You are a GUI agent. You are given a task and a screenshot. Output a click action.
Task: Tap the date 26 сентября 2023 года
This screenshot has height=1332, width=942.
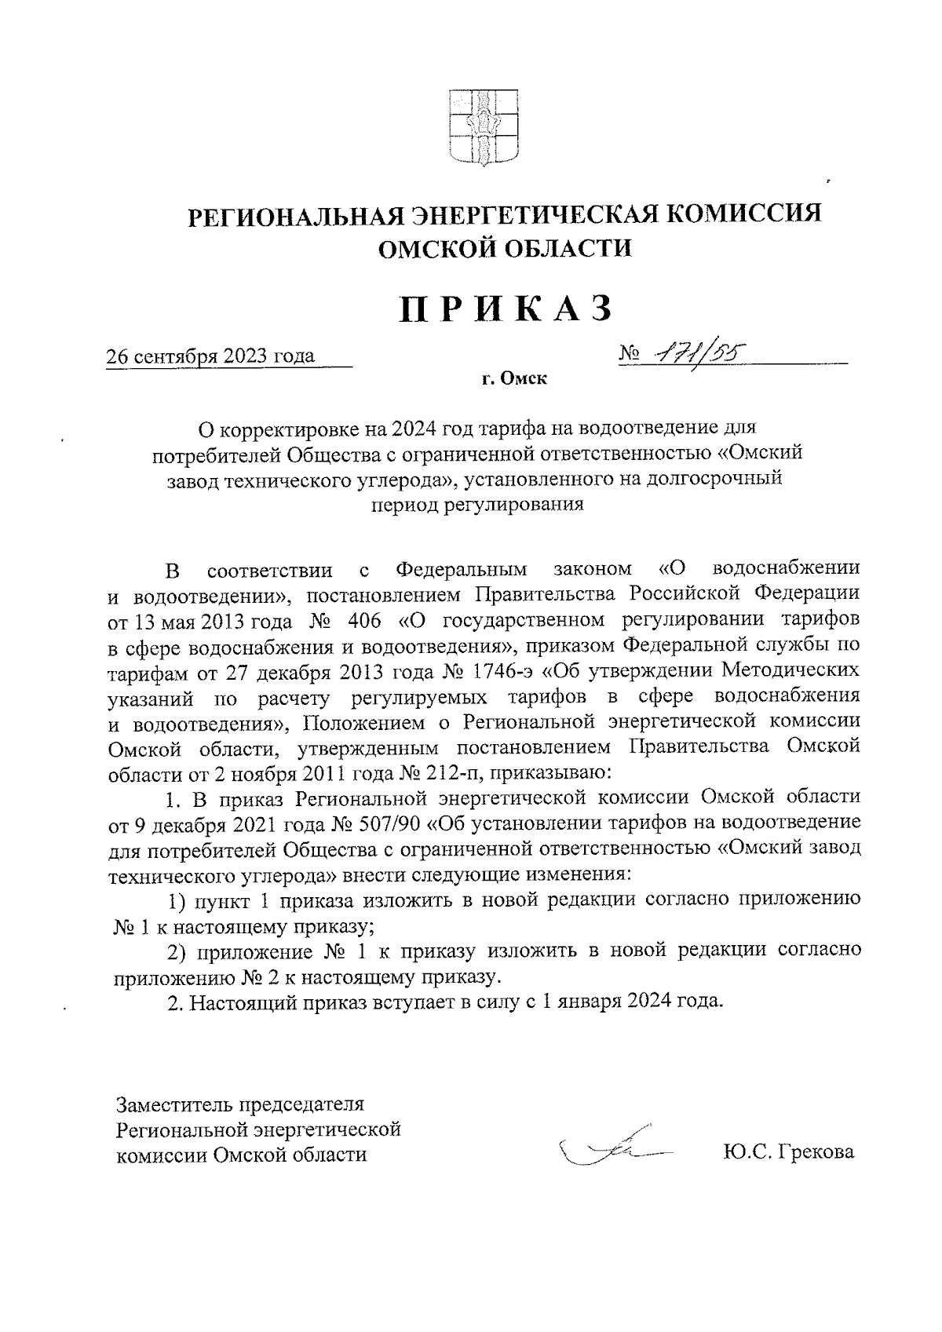tap(210, 356)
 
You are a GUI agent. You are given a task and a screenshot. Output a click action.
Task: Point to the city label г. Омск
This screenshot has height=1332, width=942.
tap(514, 380)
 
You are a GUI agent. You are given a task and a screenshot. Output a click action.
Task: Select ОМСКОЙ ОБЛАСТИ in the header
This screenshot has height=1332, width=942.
tap(505, 249)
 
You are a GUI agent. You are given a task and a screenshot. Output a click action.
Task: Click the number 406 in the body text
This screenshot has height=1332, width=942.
tap(362, 619)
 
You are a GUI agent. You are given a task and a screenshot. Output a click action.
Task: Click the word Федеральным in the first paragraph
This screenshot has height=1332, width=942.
tap(460, 568)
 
